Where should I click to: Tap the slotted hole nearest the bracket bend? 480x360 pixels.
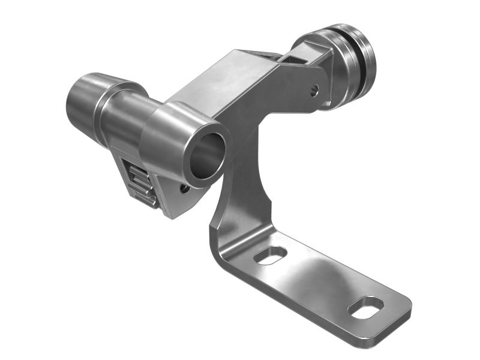point(270,254)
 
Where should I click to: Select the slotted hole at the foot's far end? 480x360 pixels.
point(365,307)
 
